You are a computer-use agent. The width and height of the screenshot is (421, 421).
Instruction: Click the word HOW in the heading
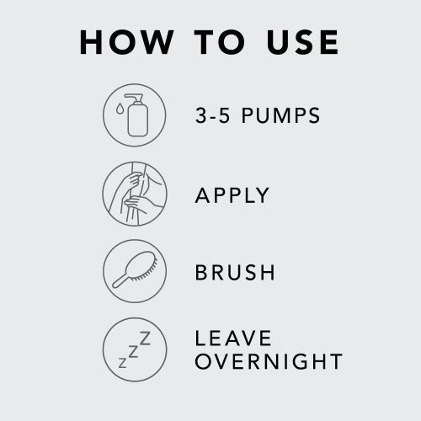(x=127, y=42)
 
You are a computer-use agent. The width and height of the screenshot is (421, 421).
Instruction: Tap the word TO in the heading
(x=220, y=42)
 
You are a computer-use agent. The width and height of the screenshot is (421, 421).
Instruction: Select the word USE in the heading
(x=303, y=42)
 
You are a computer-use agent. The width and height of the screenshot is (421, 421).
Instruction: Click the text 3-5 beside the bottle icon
(x=212, y=115)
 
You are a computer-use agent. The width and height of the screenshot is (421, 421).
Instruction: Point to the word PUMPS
(x=280, y=115)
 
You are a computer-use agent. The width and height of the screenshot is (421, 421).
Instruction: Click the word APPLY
(x=232, y=195)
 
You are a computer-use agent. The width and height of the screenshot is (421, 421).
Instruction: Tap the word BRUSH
(x=235, y=272)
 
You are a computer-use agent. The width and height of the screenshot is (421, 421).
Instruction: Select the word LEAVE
(x=233, y=338)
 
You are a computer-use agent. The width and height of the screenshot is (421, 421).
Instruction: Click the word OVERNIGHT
(x=269, y=361)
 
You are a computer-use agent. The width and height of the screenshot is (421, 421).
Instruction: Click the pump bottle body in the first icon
(x=137, y=120)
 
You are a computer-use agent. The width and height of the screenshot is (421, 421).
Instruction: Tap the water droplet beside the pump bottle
(x=120, y=109)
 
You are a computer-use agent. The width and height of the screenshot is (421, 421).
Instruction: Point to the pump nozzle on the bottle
(x=135, y=98)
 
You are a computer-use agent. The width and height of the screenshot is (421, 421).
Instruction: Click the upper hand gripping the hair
(x=131, y=181)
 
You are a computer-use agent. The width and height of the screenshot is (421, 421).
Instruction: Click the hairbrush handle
(x=120, y=281)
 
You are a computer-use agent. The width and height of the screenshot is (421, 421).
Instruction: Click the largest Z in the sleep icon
(x=145, y=338)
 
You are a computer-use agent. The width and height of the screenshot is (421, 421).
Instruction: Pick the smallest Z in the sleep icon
(x=123, y=363)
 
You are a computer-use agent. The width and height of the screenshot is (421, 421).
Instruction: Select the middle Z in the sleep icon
(x=133, y=352)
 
